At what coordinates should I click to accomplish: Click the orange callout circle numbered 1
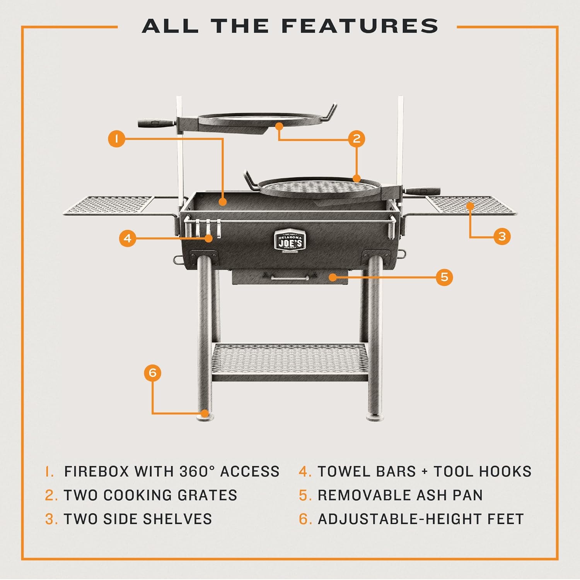click(116, 138)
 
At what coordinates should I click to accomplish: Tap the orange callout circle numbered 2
click(357, 138)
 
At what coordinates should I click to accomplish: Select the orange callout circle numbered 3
click(502, 236)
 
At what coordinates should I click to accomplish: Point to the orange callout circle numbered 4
click(128, 238)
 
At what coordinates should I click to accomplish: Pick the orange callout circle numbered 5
click(444, 277)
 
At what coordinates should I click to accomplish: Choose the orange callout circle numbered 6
click(152, 373)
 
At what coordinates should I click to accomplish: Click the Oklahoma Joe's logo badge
click(290, 241)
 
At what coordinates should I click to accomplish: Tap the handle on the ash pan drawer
click(290, 278)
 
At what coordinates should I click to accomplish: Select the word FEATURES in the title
click(360, 26)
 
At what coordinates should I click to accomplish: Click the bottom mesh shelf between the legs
click(290, 362)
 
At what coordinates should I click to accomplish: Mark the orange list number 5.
click(305, 495)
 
